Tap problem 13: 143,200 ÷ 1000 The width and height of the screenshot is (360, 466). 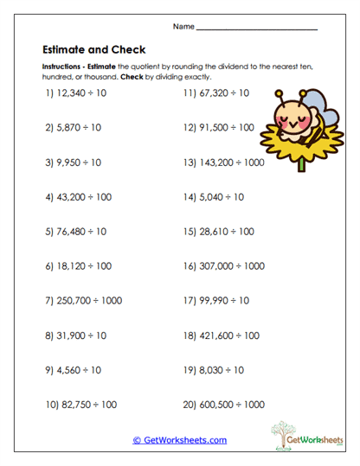[224, 162]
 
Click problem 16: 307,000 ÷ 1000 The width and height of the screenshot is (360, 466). [224, 266]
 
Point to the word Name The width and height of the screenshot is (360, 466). [183, 26]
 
